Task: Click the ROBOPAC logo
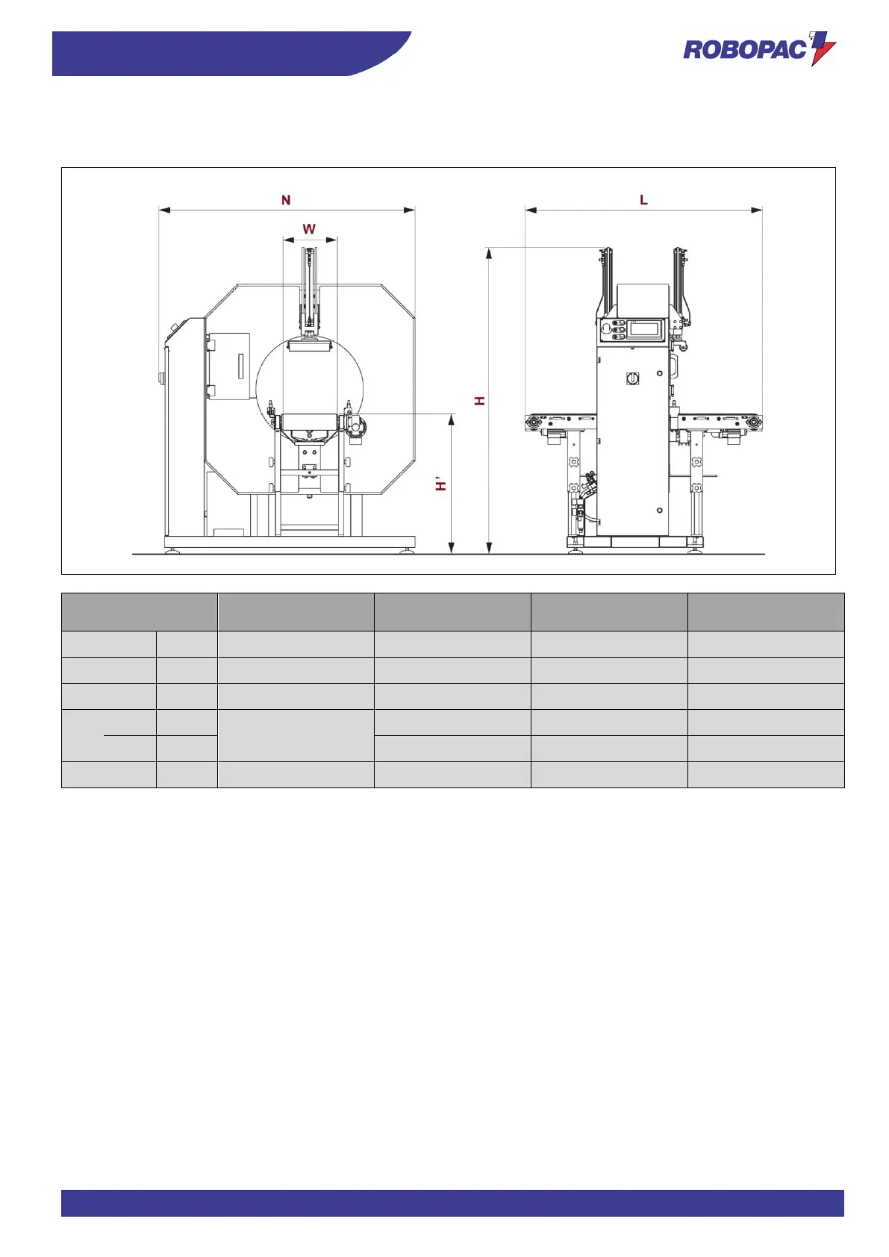[x=759, y=49]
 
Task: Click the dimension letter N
[x=286, y=200]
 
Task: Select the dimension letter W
[x=309, y=229]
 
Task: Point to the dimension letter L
[x=643, y=200]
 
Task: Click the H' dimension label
[x=441, y=484]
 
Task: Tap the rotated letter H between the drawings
[x=479, y=401]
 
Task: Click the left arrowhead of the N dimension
[x=164, y=210]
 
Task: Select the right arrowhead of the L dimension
[x=756, y=210]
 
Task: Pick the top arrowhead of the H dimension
[x=489, y=254]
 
